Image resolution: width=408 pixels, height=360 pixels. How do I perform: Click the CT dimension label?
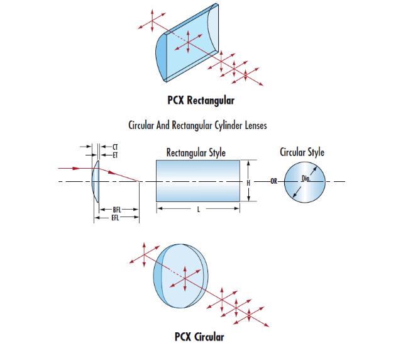(x=115, y=147)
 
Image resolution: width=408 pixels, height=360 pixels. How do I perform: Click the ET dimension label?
(x=115, y=155)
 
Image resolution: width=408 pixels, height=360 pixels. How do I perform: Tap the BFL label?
(x=117, y=210)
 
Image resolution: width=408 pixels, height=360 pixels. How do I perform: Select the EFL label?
(x=115, y=218)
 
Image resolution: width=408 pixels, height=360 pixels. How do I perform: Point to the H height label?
(x=248, y=183)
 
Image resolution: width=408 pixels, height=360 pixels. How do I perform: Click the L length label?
(x=199, y=210)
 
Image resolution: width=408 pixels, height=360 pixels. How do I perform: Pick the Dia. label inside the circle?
(x=306, y=179)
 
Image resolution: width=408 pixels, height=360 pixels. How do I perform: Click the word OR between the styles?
(x=273, y=181)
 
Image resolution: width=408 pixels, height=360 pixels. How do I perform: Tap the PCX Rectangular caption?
(x=201, y=101)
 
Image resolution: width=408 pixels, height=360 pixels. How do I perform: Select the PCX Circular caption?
(x=199, y=337)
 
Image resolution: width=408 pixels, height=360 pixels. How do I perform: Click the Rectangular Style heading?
(x=196, y=153)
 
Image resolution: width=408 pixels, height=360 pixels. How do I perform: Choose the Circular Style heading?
(x=302, y=152)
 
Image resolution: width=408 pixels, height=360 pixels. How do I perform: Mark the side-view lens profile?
(x=96, y=181)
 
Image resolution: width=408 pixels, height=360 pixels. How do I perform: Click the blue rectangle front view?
(x=198, y=181)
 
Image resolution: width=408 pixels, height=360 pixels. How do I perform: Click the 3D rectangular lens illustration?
(x=187, y=43)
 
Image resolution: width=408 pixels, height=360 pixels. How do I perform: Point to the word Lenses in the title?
(x=256, y=125)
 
